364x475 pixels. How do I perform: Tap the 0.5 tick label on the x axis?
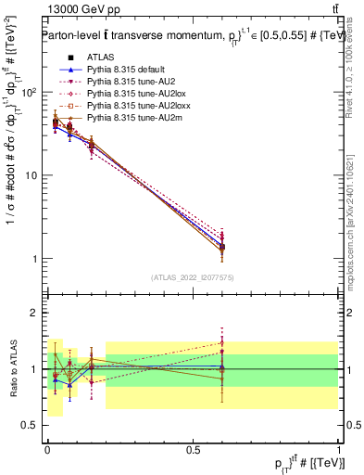pos(193,449)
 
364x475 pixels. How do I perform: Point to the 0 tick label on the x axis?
pos(47,449)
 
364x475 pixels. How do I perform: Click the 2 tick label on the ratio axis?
pos(35,313)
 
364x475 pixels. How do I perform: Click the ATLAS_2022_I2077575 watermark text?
pos(193,277)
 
